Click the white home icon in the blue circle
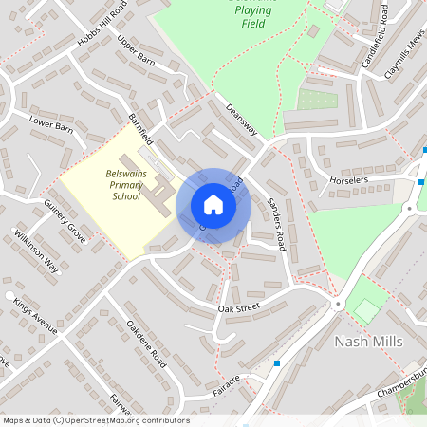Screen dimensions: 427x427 [213, 205]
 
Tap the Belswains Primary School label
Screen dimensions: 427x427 [124, 185]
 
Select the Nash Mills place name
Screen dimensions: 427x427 [368, 342]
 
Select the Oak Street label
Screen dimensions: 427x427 [238, 308]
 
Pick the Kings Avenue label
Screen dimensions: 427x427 [35, 316]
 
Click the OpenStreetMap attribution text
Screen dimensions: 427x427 [96, 419]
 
